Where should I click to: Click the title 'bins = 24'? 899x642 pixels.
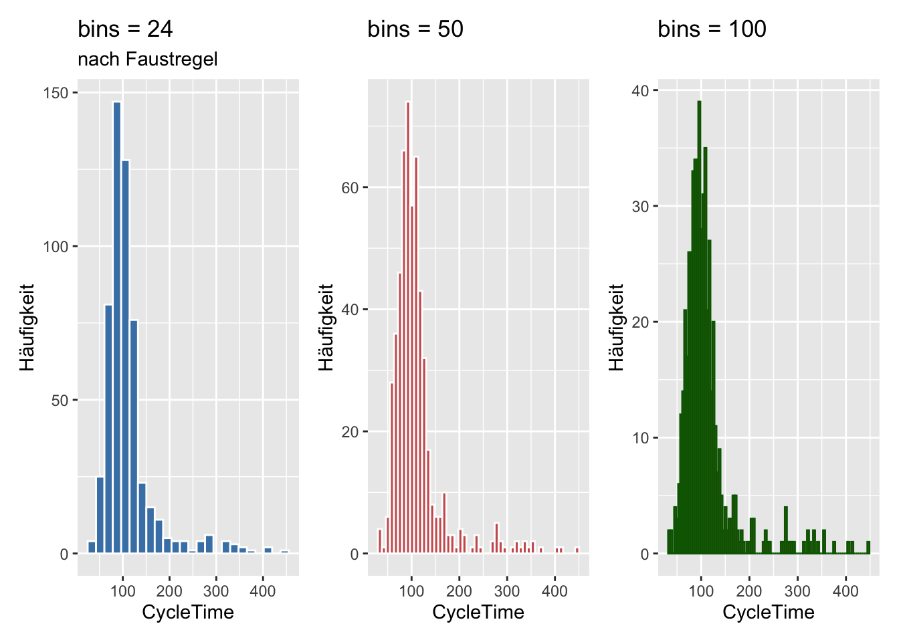(125, 29)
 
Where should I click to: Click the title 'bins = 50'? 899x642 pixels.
(415, 29)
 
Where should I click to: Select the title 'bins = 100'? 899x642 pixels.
(712, 29)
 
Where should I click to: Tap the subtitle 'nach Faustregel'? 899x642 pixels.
(148, 60)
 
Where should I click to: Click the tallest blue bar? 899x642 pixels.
(117, 328)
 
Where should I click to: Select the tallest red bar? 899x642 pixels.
(408, 328)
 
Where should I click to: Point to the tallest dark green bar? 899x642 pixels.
(699, 328)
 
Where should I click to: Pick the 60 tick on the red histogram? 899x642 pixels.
(351, 188)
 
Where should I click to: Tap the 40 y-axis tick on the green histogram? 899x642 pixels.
(641, 90)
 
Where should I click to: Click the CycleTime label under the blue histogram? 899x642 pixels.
(188, 612)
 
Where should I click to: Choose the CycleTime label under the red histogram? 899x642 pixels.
(478, 612)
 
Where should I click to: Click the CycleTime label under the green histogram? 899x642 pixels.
(769, 612)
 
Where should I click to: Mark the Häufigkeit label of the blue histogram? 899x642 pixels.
(27, 327)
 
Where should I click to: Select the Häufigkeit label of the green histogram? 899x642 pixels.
(616, 327)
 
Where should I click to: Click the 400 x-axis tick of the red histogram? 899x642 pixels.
(555, 591)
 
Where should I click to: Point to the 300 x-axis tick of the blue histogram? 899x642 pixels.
(216, 591)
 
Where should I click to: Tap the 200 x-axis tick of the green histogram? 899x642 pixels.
(749, 591)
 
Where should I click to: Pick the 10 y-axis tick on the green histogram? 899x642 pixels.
(641, 438)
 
